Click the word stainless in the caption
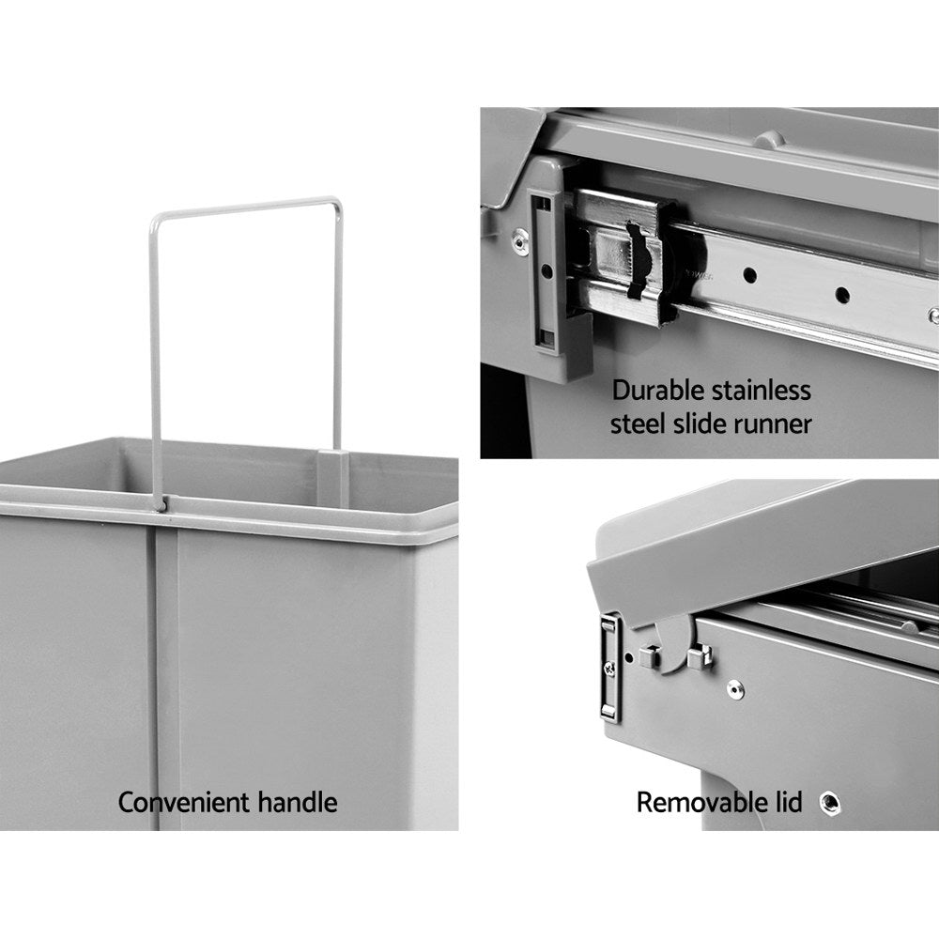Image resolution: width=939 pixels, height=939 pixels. tap(762, 390)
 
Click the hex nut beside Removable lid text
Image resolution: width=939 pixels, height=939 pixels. tap(829, 802)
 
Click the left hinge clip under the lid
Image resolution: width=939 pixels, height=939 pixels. tap(648, 654)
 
